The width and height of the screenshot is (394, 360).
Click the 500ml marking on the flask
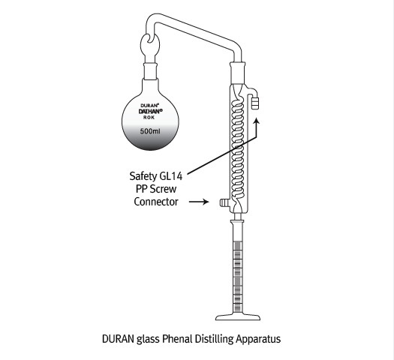click(x=150, y=131)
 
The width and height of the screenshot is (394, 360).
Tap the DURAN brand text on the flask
click(x=149, y=106)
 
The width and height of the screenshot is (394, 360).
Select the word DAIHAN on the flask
click(x=151, y=111)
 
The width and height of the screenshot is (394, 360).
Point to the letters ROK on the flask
click(x=149, y=117)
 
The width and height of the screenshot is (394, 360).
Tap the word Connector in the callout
click(x=156, y=202)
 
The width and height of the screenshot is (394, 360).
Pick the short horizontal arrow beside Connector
click(x=199, y=202)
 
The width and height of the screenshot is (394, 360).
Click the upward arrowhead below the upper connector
click(x=257, y=121)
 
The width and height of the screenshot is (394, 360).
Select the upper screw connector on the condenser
click(x=255, y=103)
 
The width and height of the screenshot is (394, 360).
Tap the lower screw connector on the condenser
click(x=224, y=202)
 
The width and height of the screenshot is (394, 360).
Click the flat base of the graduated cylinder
click(x=238, y=317)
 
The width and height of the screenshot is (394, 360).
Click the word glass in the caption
click(x=148, y=340)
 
